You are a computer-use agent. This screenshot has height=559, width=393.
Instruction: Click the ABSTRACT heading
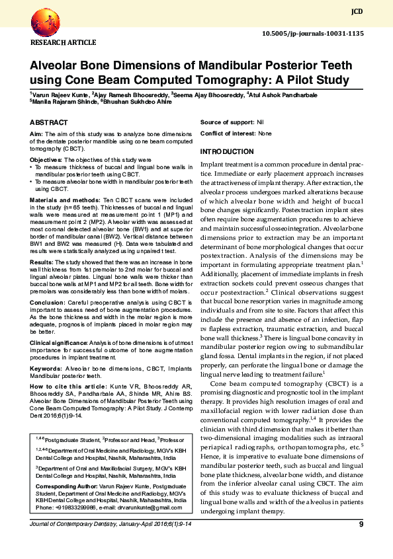pyautogui.click(x=49, y=123)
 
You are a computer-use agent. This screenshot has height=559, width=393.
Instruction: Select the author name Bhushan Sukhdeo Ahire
pyautogui.click(x=137, y=102)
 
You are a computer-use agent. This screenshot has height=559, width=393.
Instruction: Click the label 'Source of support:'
pyautogui.click(x=227, y=123)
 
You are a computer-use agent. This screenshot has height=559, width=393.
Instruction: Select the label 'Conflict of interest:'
pyautogui.click(x=228, y=133)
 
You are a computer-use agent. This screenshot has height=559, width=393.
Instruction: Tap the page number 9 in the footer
pyautogui.click(x=361, y=525)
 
